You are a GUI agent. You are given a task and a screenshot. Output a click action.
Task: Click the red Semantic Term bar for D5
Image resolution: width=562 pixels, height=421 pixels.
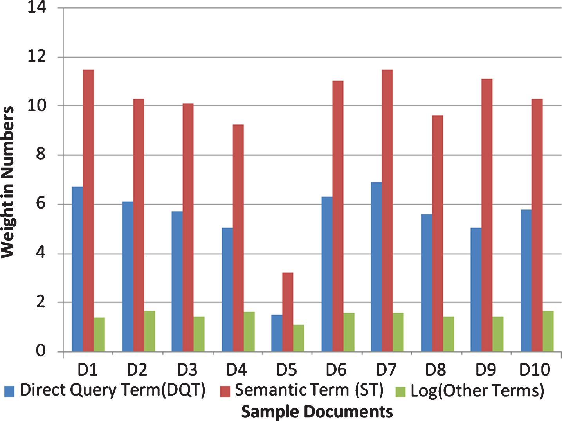click(288, 312)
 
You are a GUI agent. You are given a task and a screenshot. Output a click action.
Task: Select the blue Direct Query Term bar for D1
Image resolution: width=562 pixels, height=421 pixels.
click(77, 269)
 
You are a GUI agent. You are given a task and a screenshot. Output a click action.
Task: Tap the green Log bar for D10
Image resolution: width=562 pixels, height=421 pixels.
click(548, 331)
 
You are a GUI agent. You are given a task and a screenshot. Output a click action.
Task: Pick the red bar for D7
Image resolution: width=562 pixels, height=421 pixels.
click(387, 210)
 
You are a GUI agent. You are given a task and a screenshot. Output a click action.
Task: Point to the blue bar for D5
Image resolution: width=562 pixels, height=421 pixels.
click(277, 333)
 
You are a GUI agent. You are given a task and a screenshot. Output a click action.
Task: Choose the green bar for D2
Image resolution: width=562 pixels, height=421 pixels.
click(150, 331)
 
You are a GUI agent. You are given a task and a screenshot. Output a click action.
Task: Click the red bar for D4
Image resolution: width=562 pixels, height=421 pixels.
click(238, 238)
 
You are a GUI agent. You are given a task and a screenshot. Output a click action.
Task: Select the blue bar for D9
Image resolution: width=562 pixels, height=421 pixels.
click(476, 290)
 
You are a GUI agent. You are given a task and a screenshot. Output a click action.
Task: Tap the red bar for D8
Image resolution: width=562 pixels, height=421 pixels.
click(438, 233)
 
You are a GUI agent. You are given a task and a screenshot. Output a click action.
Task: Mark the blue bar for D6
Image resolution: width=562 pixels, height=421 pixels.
click(327, 274)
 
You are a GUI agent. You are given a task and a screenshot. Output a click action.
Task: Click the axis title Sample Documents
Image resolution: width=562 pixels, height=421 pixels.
click(317, 412)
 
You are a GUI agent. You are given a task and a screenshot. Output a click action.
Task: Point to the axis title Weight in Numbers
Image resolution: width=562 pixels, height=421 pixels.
click(7, 182)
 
